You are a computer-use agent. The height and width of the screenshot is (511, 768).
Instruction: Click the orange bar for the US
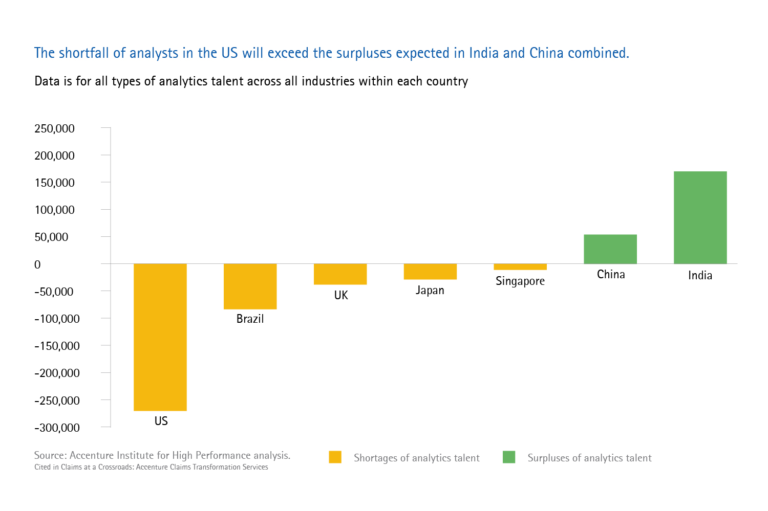[x=160, y=337]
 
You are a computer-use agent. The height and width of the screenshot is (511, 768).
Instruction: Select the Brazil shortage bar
[x=250, y=286]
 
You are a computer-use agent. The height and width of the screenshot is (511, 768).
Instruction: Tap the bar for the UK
[x=340, y=274]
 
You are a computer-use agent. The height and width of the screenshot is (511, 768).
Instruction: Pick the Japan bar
[x=430, y=272]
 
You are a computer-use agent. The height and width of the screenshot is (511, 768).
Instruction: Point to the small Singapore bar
[x=520, y=267]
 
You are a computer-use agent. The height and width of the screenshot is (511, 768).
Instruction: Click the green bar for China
[x=610, y=249]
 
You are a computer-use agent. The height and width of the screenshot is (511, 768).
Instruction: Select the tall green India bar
[x=700, y=217]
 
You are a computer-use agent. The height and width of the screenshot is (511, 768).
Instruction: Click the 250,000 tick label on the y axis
[x=54, y=128]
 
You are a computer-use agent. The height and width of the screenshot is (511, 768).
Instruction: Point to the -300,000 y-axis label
[x=57, y=428]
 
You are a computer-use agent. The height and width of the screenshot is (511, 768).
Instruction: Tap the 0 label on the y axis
[x=37, y=264]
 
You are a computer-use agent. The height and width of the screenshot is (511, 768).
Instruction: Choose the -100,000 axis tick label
[x=57, y=319]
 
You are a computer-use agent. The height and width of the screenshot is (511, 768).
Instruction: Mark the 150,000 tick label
[x=54, y=183]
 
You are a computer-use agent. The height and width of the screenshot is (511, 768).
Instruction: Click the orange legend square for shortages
[x=335, y=457]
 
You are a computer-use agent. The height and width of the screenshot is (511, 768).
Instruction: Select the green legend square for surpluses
[x=509, y=457]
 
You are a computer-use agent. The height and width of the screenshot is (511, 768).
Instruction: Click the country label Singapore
[x=520, y=281]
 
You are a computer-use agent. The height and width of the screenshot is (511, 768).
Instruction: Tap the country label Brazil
[x=250, y=319]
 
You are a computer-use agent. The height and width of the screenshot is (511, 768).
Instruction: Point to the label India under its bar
[x=700, y=275]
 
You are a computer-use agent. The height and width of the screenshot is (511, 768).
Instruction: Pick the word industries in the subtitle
[x=328, y=81]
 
